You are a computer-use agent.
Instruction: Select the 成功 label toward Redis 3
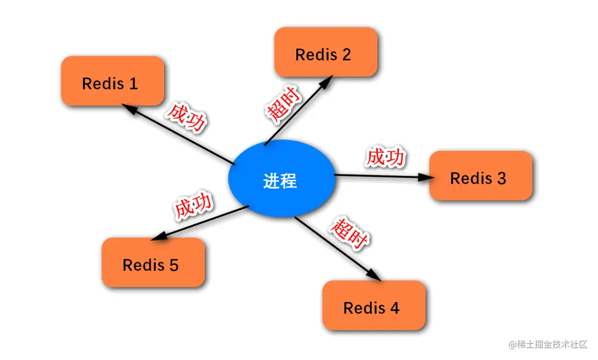tap(385, 158)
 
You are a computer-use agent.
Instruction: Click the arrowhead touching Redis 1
tap(128, 109)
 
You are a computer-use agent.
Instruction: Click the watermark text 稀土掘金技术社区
tap(552, 344)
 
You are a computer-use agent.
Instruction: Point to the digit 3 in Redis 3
tap(501, 178)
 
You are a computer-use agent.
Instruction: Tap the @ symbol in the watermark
tap(513, 344)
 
